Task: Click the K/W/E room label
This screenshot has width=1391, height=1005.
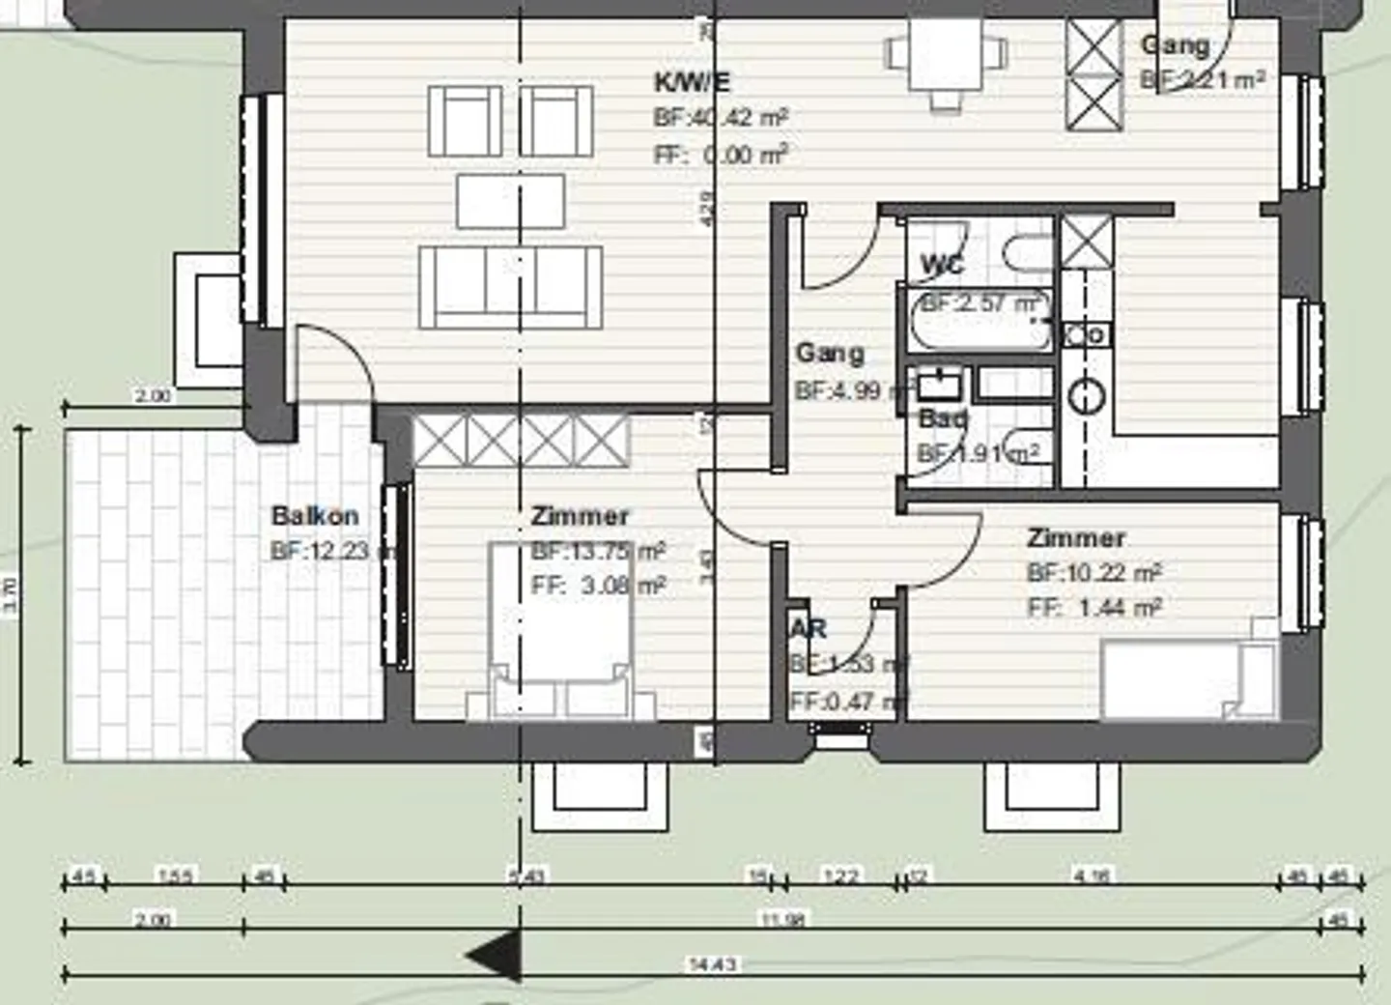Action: [692, 82]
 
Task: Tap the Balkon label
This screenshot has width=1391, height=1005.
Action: [315, 515]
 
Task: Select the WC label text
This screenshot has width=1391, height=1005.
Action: [942, 264]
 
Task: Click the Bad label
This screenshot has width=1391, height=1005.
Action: [943, 419]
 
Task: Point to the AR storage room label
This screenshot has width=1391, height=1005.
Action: [809, 629]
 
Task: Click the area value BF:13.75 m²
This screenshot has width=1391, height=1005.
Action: [597, 552]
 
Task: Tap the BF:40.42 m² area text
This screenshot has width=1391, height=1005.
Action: [721, 118]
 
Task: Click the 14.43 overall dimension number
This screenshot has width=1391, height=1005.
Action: [712, 963]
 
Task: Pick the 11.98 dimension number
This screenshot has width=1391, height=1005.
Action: [782, 919]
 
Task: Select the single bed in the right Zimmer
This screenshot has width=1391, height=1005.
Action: [1188, 681]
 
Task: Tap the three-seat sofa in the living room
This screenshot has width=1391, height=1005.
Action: [511, 287]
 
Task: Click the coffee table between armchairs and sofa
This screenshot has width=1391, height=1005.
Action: [511, 200]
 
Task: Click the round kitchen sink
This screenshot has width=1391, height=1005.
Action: [1088, 396]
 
